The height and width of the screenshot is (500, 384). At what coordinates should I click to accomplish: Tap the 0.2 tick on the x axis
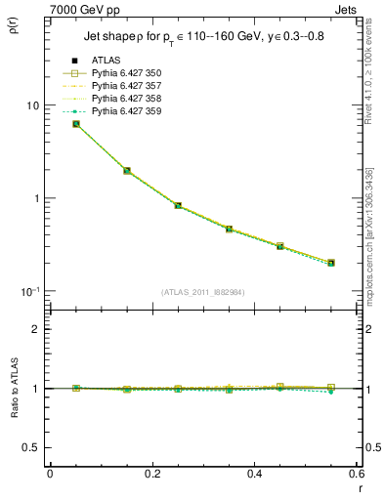tap(151, 474)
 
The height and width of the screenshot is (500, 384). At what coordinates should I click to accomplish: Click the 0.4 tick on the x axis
tap(254, 474)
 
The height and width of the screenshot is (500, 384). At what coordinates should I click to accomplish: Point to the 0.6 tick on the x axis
tap(356, 474)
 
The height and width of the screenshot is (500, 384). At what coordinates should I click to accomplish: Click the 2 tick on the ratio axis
tap(36, 329)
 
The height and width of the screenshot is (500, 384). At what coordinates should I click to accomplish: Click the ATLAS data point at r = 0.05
tap(76, 124)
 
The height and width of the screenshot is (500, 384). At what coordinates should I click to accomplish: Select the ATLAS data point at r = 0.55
tap(331, 263)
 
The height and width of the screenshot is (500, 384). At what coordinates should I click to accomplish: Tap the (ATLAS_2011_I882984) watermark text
tap(203, 292)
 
